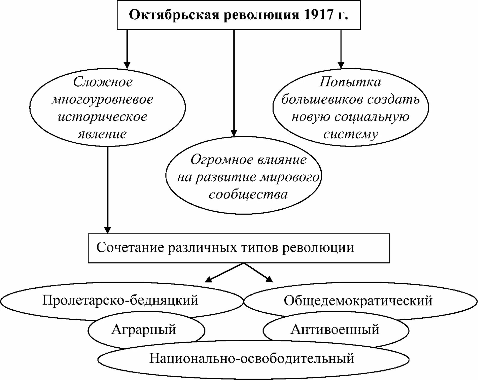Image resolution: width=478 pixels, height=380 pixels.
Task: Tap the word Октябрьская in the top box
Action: pyautogui.click(x=174, y=15)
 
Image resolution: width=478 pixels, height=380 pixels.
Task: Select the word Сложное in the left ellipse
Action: pyautogui.click(x=103, y=82)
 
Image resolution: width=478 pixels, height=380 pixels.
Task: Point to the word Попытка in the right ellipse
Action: pyautogui.click(x=350, y=82)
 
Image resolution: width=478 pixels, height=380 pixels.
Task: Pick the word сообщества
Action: pyautogui.click(x=248, y=194)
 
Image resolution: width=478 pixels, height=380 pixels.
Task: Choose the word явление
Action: pyautogui.click(x=102, y=134)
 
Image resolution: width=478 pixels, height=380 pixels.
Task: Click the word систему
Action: pyautogui.click(x=351, y=134)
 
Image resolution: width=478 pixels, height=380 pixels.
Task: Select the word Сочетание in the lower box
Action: pyautogui.click(x=130, y=248)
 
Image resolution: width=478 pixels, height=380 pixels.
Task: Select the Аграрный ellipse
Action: pyautogui.click(x=144, y=330)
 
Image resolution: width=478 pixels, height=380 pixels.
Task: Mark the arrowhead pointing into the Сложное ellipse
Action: pyautogui.click(x=127, y=65)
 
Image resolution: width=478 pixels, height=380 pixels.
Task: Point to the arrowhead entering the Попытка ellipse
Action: pyautogui.click(x=341, y=65)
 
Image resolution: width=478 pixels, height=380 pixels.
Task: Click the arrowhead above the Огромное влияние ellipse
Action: pyautogui.click(x=234, y=133)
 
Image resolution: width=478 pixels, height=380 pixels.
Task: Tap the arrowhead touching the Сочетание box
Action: pyautogui.click(x=107, y=230)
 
